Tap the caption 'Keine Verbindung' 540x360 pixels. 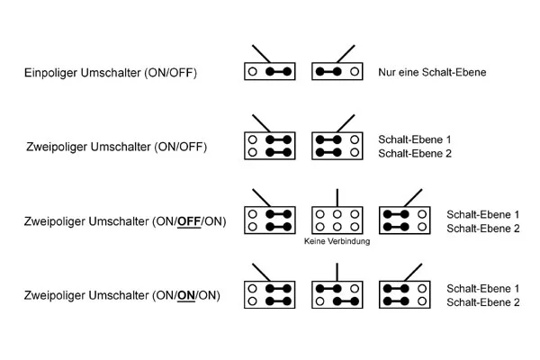tap(337, 242)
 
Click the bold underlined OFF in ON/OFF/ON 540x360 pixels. tap(189, 221)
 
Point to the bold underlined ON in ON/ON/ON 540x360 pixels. tap(188, 294)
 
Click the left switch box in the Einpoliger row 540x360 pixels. tap(269, 70)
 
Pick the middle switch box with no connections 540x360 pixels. tap(337, 220)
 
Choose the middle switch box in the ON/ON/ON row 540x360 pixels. tap(337, 294)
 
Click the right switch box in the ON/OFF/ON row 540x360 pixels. tap(406, 220)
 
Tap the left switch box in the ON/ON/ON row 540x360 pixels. tap(269, 294)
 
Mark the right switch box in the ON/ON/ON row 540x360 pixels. tap(406, 294)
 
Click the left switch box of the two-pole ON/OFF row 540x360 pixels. tap(269, 146)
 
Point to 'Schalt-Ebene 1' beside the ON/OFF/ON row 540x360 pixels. tap(483, 214)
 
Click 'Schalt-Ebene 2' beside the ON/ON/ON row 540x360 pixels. tap(483, 302)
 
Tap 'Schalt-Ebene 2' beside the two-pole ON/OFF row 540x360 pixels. tap(415, 154)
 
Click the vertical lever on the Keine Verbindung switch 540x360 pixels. tap(337, 197)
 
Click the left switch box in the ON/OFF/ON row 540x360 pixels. tap(269, 220)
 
